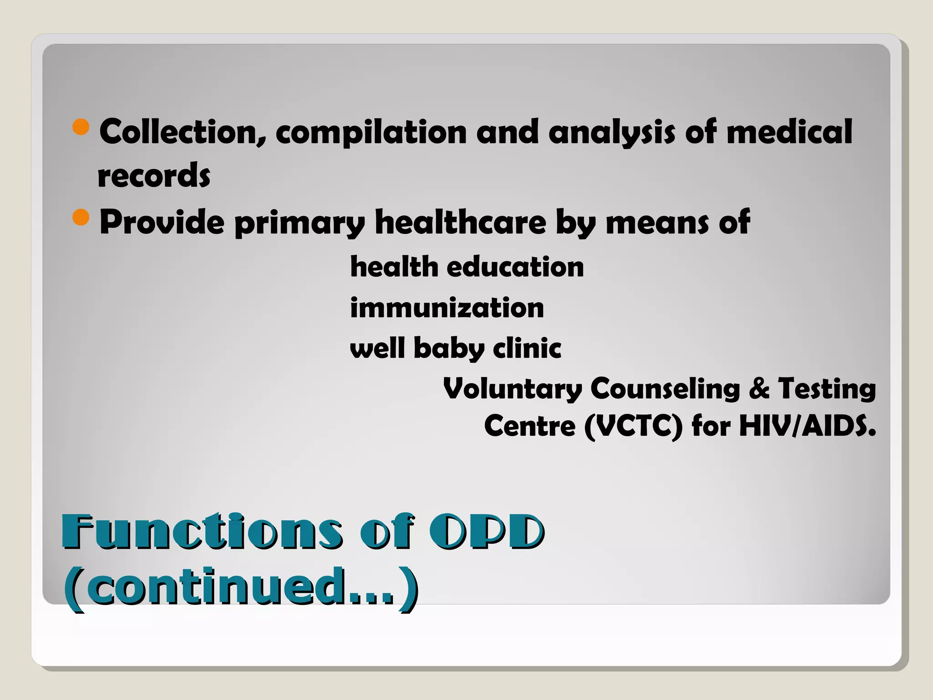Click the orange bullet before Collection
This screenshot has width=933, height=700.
[x=81, y=127]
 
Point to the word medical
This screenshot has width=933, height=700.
[x=789, y=132]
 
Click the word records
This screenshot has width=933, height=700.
[x=154, y=176]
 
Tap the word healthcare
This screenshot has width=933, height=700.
[x=460, y=222]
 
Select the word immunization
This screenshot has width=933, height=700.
[x=446, y=308]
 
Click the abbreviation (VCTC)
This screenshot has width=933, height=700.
[x=633, y=427]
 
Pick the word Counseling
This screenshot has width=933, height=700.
[x=665, y=389]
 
